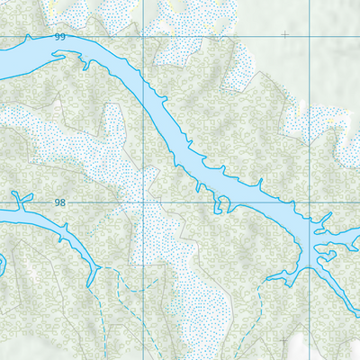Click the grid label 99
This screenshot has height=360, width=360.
[60, 37]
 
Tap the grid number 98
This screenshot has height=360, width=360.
[60, 203]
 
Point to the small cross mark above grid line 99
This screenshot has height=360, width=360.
[285, 35]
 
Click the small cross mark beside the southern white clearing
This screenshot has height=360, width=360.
[285, 339]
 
